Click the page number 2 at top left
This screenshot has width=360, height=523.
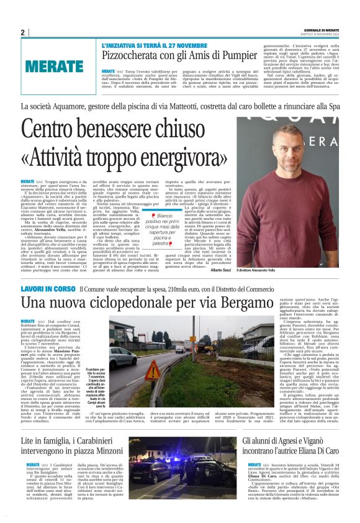tap(22, 32)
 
